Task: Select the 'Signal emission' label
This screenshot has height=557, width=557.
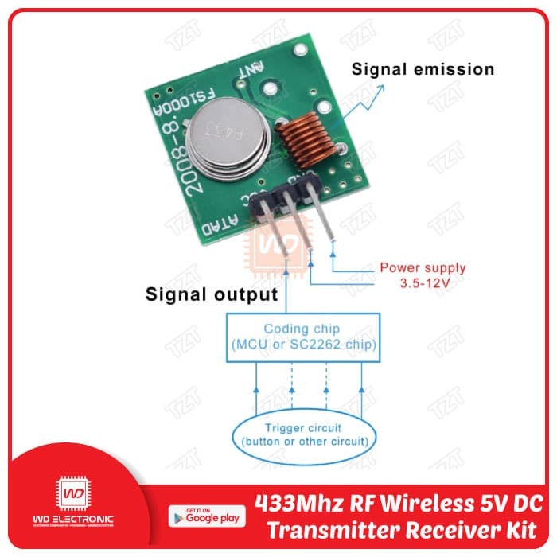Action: coord(423,69)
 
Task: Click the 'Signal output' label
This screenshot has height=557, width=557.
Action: coord(211,295)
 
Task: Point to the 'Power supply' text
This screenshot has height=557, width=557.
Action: coord(423,268)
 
